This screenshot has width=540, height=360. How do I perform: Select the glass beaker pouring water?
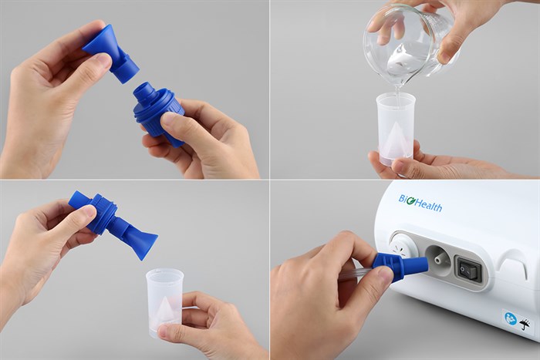point(410,44)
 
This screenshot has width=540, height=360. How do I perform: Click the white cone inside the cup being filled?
point(396,138)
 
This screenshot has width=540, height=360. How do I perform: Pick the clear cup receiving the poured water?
point(396,129)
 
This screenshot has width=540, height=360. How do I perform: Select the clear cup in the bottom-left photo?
point(165,303)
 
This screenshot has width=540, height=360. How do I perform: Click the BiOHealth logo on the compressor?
point(420,203)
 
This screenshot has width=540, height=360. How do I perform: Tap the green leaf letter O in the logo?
point(410,201)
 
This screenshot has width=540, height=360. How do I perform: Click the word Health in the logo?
point(428,206)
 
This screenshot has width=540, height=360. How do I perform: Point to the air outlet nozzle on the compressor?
point(438,259)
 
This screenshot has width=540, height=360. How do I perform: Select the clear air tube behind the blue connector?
point(356,273)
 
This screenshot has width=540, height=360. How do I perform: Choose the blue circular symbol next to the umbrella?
point(511,318)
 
